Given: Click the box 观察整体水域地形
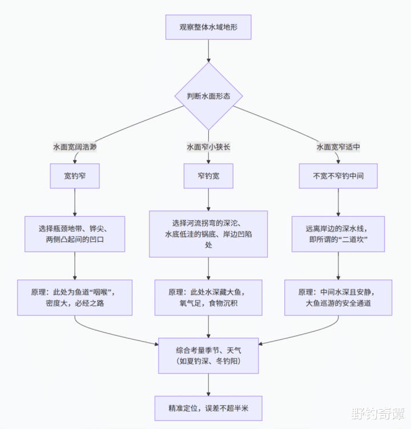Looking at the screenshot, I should [208, 27].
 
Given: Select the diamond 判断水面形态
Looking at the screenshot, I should [208, 96].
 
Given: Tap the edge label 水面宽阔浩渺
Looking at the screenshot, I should [75, 147].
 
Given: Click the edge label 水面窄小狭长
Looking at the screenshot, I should [208, 147].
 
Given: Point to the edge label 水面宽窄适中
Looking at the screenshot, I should [339, 147].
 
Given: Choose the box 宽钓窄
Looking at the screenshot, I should [75, 176].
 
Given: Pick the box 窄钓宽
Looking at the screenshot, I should [208, 176].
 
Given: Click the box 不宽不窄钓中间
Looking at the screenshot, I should [339, 176].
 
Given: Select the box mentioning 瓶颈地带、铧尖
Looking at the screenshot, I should [75, 234].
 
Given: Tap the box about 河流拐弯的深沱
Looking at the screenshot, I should [208, 234].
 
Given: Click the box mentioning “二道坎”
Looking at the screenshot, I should [339, 234].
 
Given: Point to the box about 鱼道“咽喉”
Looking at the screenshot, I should [75, 297].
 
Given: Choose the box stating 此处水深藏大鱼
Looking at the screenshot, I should [208, 297].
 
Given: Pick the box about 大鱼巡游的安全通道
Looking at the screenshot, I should [339, 297].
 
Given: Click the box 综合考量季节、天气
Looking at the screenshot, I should [208, 355].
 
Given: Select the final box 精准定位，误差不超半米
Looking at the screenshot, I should [208, 408].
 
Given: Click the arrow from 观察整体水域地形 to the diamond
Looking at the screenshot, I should [208, 51].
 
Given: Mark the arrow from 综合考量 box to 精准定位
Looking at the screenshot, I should [208, 384].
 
